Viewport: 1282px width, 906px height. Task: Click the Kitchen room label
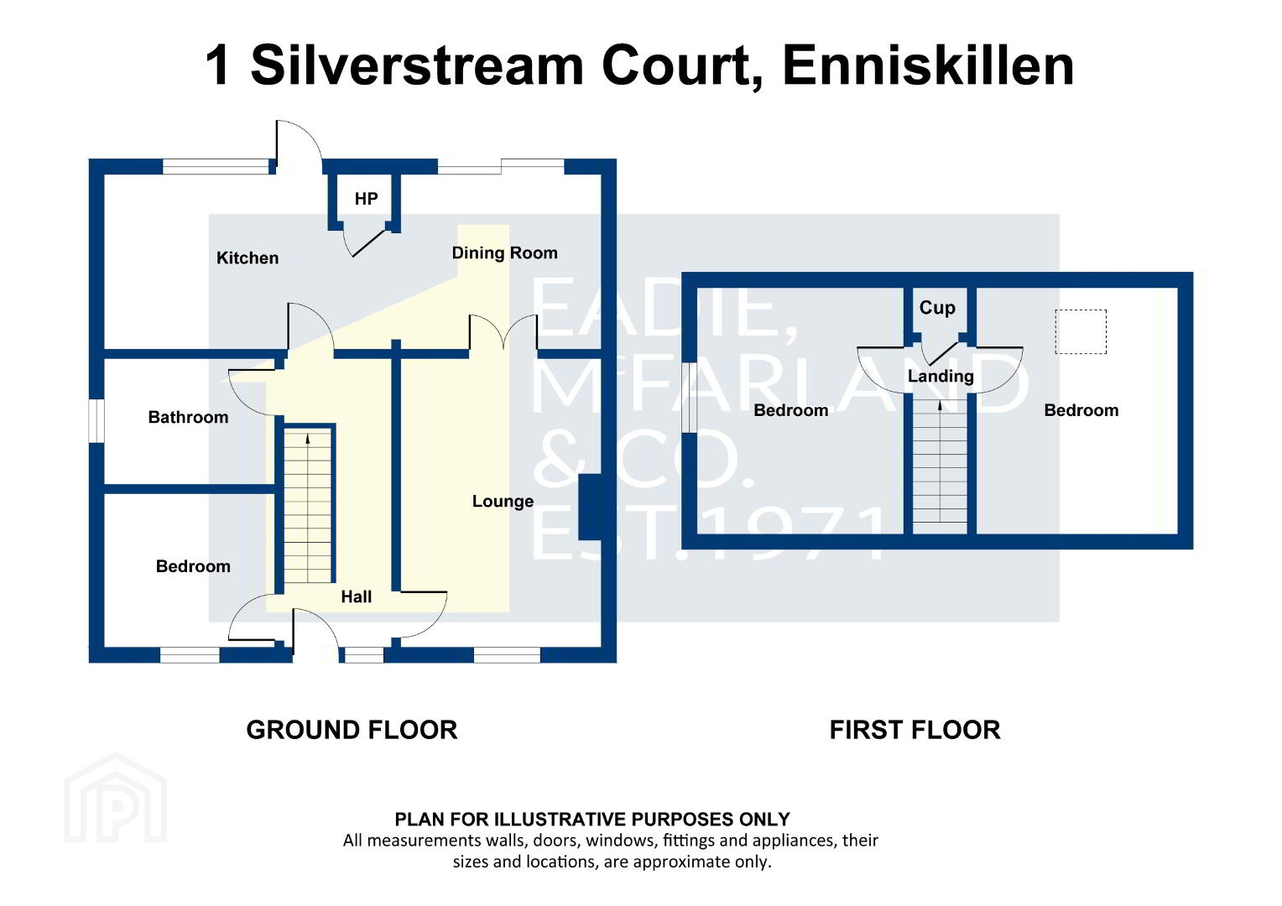248,258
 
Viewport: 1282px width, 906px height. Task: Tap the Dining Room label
504,253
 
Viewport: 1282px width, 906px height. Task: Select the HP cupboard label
367,199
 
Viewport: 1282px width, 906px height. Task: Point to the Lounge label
503,502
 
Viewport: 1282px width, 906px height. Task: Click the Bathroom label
188,417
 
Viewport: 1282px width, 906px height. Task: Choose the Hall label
356,597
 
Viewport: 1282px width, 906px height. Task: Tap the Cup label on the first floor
937,308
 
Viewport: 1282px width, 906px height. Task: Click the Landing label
941,376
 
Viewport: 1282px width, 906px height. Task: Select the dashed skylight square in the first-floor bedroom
1081,332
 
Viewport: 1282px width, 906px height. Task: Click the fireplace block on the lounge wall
590,508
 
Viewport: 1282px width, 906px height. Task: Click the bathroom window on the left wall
96,420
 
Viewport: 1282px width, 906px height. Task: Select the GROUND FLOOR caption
352,731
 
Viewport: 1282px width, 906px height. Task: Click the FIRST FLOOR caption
915,731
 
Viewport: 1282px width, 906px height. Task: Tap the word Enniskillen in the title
928,65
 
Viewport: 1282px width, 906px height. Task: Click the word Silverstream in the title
417,65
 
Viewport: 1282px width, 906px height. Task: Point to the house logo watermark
115,797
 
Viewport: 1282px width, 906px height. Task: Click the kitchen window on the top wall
216,167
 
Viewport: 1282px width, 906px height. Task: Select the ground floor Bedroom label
193,566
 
